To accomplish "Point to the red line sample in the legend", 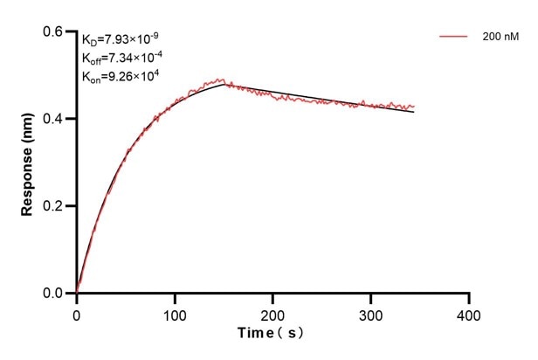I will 454,37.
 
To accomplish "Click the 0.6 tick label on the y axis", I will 54,31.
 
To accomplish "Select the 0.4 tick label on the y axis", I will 54,119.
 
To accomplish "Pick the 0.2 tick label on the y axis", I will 54,206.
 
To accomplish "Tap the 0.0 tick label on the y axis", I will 54,294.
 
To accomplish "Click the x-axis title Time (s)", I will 272,335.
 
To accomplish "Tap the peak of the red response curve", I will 222,80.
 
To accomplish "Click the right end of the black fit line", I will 414,112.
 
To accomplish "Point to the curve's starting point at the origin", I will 77,292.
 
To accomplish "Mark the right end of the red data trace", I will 414,106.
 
